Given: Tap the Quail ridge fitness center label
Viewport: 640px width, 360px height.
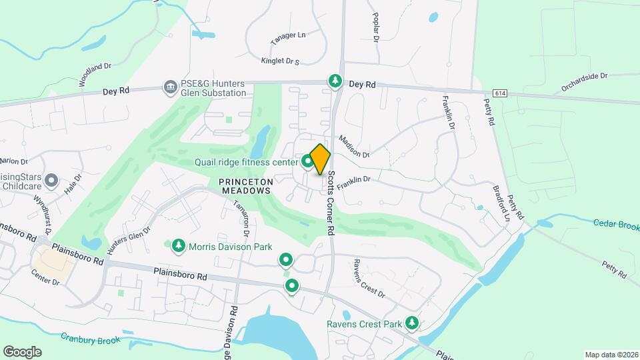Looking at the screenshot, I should [x=246, y=161].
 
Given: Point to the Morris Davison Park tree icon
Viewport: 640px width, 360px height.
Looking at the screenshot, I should [x=178, y=247].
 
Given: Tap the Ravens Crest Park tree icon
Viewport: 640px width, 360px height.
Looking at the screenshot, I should [x=412, y=323].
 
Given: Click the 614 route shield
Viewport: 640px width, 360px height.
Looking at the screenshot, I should [x=501, y=92].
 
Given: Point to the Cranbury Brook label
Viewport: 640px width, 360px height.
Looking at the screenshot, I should [x=91, y=340].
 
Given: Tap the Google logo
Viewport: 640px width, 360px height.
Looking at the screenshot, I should [x=22, y=351].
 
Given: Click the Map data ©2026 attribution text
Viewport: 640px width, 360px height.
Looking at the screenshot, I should [x=611, y=355].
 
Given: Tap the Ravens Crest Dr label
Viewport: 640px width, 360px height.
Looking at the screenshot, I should [x=369, y=278].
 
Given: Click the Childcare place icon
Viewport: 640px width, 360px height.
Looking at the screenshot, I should [x=53, y=180].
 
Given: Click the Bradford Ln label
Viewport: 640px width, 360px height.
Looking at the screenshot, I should [x=502, y=201].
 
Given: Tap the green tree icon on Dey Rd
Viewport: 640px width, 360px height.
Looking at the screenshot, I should [x=335, y=81].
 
